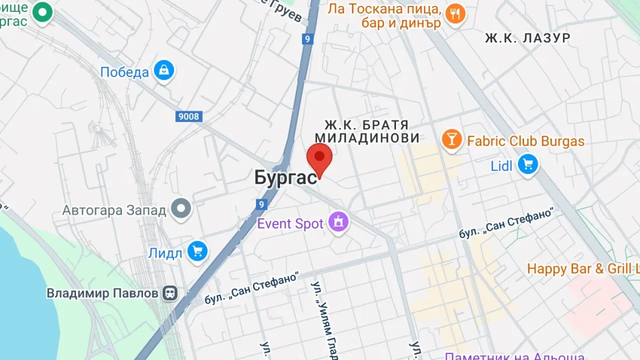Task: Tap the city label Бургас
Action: (x=285, y=178)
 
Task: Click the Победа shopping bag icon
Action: (x=163, y=71)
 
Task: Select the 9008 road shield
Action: (x=188, y=117)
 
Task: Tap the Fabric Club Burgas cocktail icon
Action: (x=452, y=140)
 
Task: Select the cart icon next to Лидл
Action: (x=197, y=252)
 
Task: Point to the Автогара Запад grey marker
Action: (x=181, y=209)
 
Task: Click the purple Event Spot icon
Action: (x=339, y=224)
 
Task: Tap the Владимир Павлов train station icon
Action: (x=170, y=293)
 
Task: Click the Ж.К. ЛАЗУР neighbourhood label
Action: (x=527, y=38)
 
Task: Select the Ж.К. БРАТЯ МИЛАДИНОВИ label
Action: (x=367, y=132)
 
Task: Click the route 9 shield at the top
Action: (x=307, y=39)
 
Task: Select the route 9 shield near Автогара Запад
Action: (x=261, y=205)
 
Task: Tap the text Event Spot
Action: (x=290, y=224)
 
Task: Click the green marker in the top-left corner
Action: (x=42, y=12)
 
